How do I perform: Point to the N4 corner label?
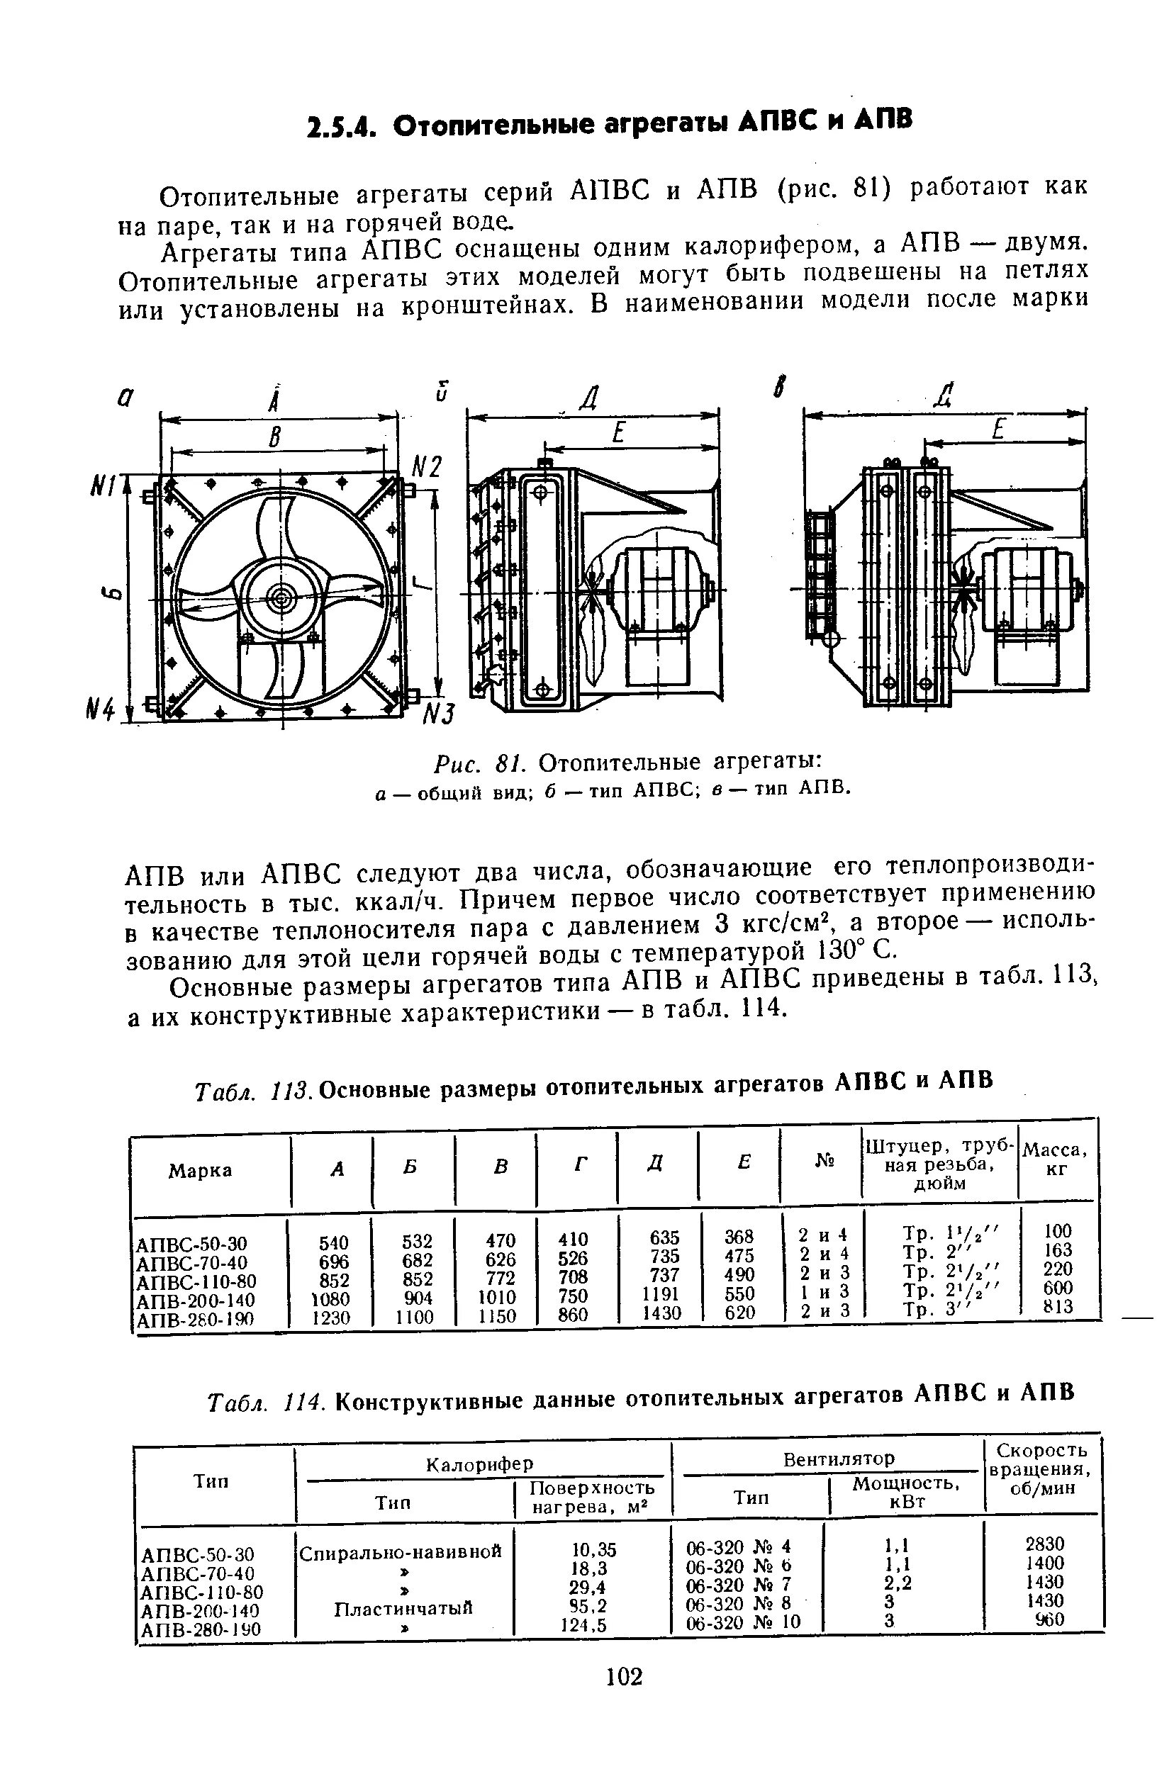tap(102, 712)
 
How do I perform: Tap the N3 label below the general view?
tap(438, 714)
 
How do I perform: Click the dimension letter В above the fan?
tap(275, 439)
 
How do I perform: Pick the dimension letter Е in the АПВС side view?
tap(616, 433)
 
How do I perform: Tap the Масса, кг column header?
tap(1055, 1159)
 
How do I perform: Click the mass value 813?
tap(1057, 1307)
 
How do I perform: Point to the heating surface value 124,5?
tap(583, 1626)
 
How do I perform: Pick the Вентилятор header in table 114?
tap(839, 1459)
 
